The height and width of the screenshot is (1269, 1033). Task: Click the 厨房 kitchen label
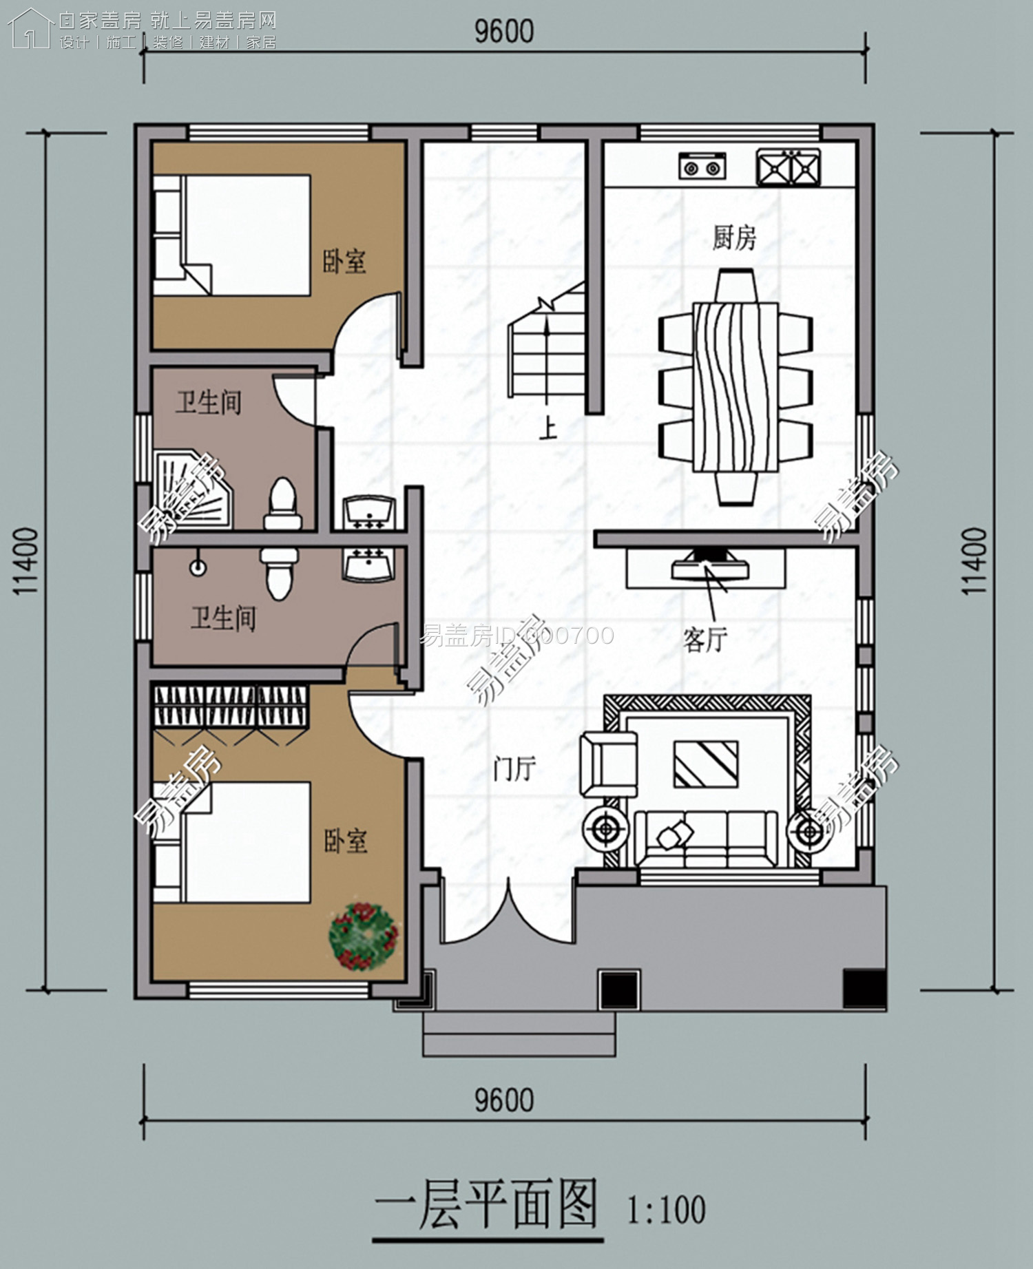(734, 238)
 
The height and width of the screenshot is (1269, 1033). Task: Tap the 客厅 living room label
(705, 640)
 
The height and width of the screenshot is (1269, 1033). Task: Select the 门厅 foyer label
(514, 768)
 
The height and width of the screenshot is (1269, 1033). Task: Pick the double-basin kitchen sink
(789, 167)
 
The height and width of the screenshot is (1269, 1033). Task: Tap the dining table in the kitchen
(735, 388)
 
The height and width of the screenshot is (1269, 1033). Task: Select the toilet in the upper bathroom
(282, 504)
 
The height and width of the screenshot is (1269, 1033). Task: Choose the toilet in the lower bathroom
(278, 573)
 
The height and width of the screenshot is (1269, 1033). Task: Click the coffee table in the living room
(706, 764)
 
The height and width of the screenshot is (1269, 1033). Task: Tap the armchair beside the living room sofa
(608, 764)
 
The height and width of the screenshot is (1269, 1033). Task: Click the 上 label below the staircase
(548, 429)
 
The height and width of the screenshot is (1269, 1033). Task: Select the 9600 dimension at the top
(504, 32)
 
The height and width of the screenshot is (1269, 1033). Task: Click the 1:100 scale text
(667, 1210)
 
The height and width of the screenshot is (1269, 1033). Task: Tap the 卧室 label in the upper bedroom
(344, 261)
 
